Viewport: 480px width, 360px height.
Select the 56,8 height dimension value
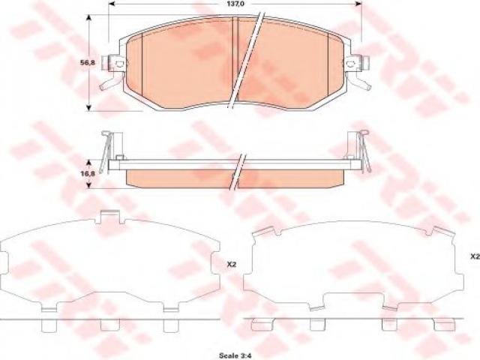click(88, 63)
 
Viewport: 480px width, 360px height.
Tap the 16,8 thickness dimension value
click(88, 173)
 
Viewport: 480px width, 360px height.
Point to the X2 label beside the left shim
click(232, 265)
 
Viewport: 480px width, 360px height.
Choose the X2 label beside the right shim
click(475, 256)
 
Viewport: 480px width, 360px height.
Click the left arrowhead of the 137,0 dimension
click(112, 4)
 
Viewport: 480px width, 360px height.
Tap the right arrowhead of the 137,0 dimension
click(358, 4)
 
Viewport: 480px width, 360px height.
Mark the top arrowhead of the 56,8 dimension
click(88, 18)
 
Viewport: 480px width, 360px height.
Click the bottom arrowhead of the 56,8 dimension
click(88, 106)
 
